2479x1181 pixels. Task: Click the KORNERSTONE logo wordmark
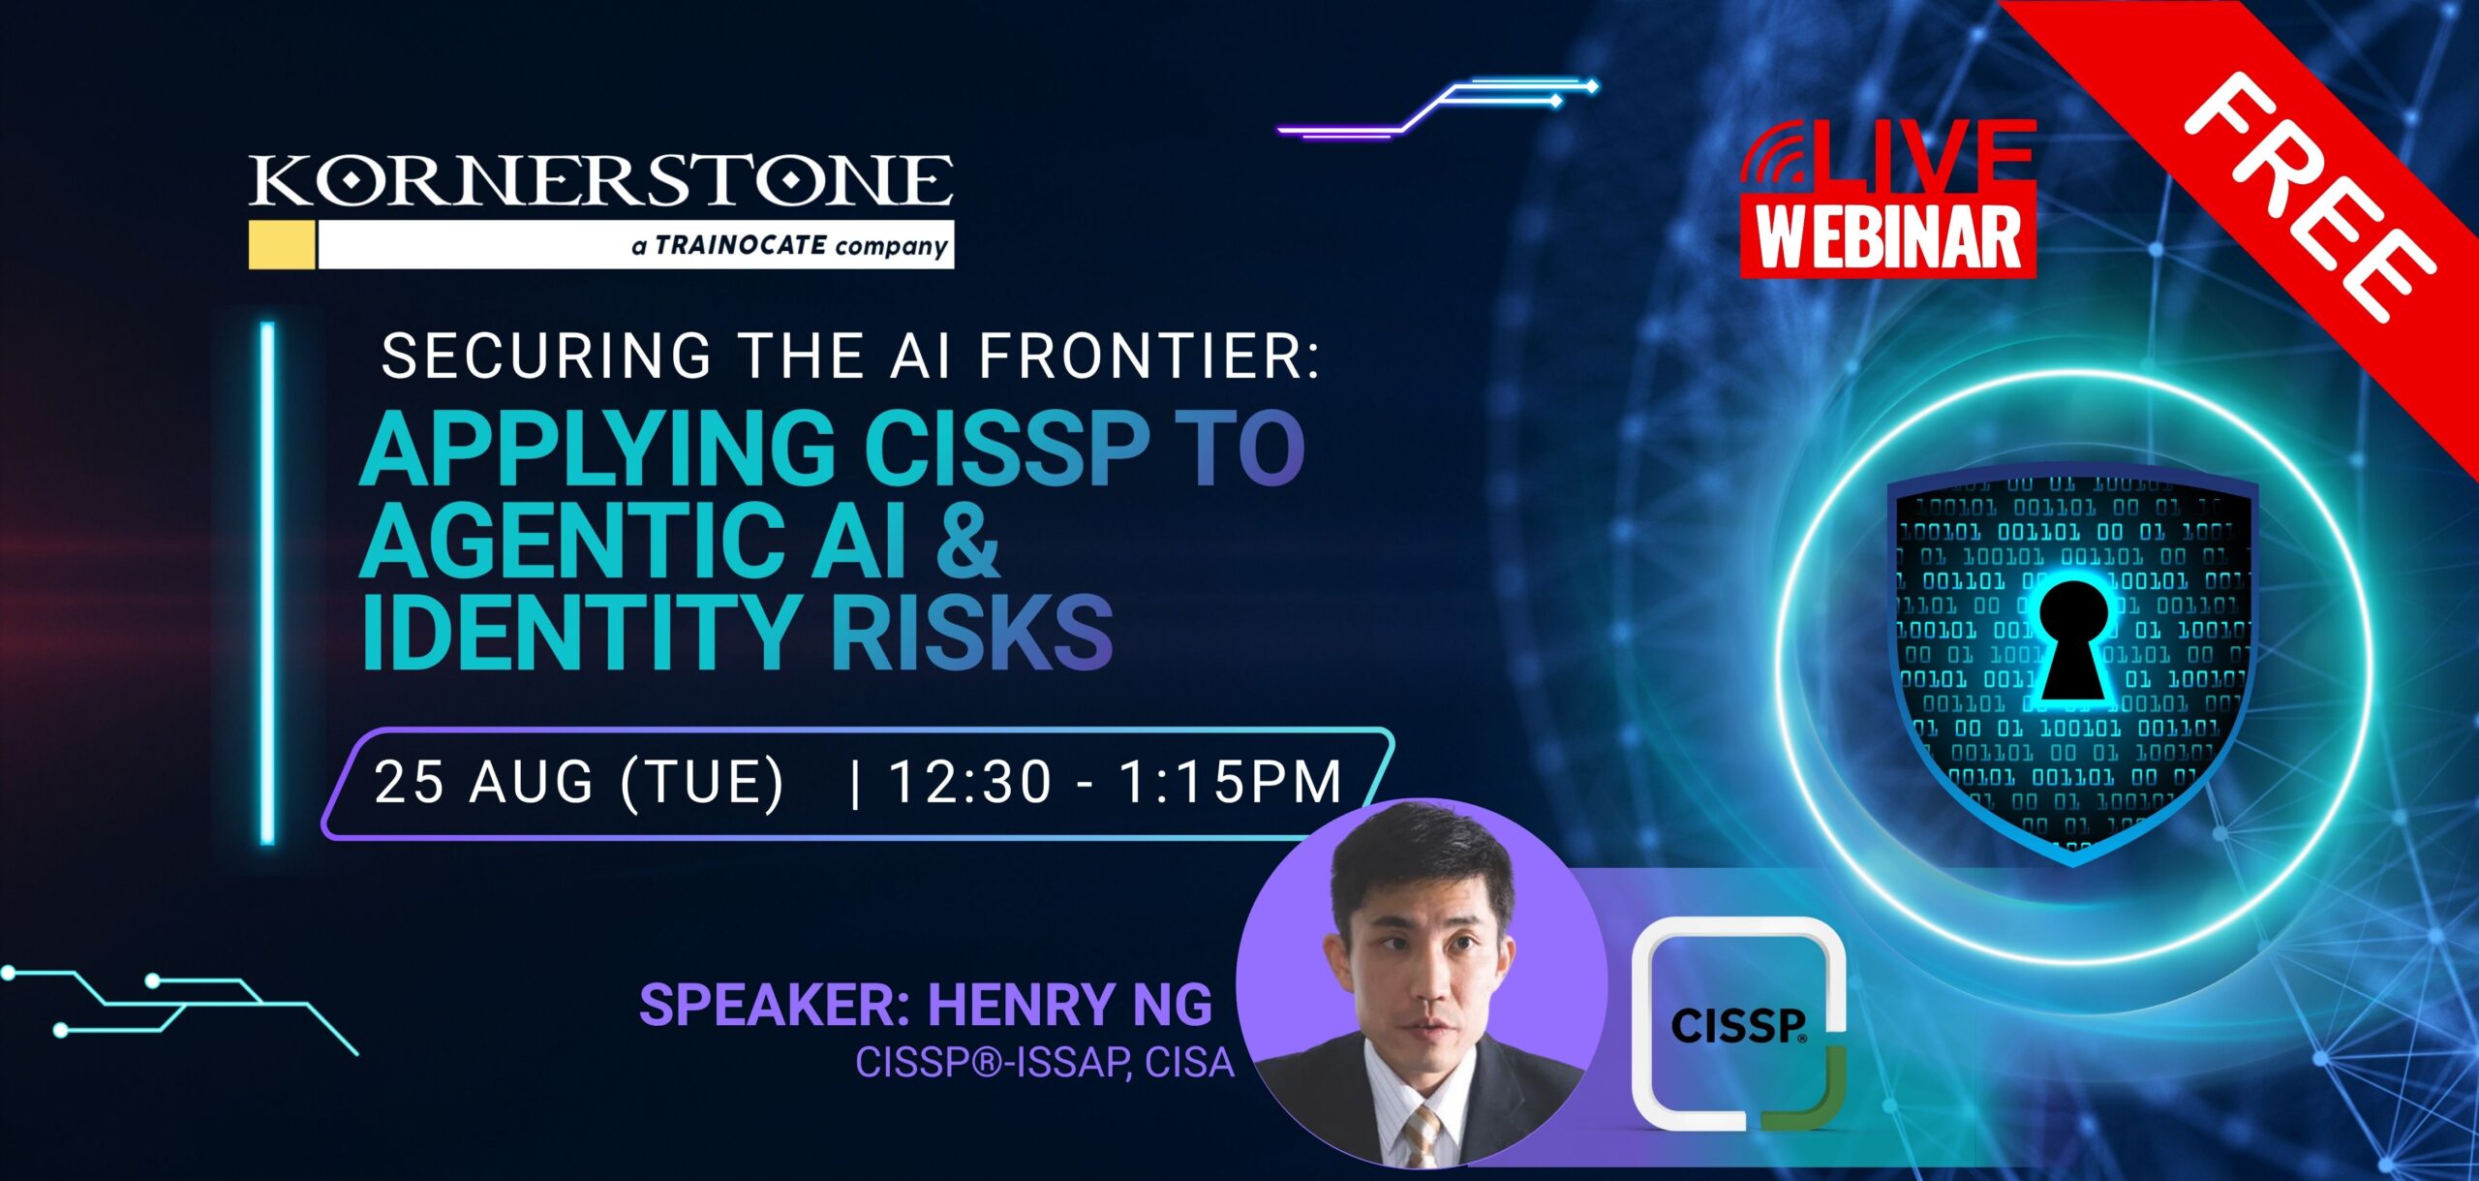point(600,181)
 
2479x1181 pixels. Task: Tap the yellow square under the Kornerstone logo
point(282,244)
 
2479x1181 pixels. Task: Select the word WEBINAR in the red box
point(1888,237)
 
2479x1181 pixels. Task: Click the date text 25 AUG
point(483,782)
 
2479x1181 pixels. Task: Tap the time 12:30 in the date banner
point(969,782)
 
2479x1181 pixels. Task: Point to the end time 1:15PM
point(1230,782)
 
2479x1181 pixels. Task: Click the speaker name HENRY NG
point(1070,1005)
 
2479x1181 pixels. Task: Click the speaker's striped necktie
point(1421,1134)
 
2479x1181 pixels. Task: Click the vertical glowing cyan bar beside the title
point(268,584)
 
